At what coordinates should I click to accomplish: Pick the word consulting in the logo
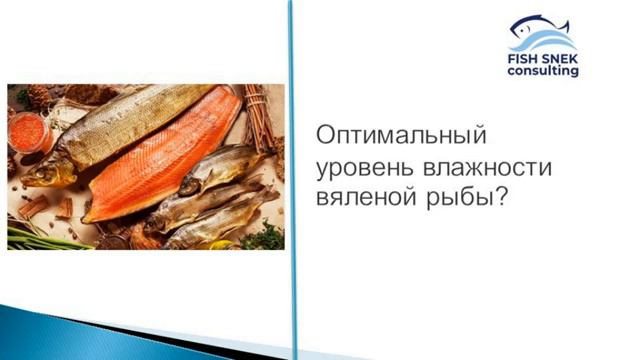pos(542,74)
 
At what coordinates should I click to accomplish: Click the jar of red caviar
pos(24,131)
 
